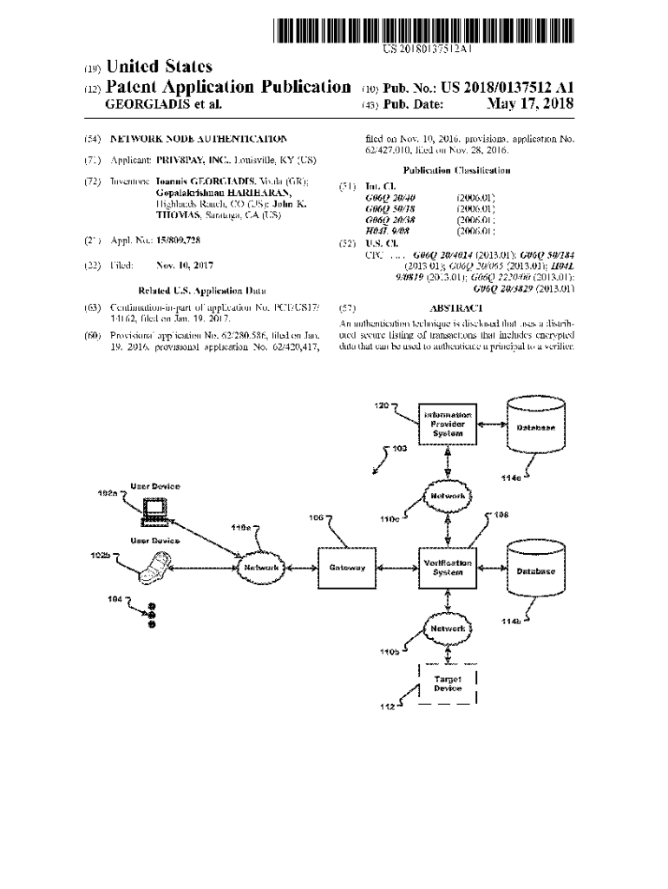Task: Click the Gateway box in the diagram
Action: point(347,568)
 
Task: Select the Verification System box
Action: point(448,568)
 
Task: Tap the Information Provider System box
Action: point(448,425)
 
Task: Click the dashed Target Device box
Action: point(448,683)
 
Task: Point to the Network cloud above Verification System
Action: point(448,496)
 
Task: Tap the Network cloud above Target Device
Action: point(448,628)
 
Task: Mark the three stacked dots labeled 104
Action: point(152,615)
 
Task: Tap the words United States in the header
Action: point(158,67)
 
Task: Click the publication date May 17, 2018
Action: point(531,105)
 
